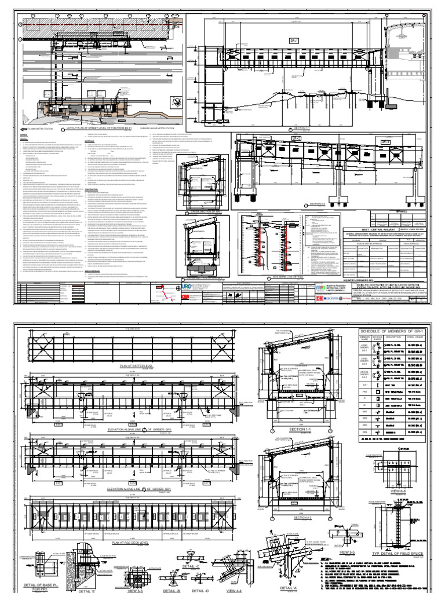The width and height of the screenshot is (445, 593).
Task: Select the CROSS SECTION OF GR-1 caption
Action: point(197,196)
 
